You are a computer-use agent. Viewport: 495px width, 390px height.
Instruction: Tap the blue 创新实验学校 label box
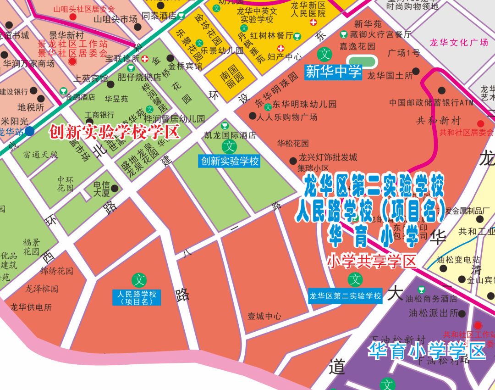[229, 161]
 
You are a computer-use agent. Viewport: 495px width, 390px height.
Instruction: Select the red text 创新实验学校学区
[114, 132]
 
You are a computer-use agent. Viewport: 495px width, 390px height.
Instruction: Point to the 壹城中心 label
[264, 316]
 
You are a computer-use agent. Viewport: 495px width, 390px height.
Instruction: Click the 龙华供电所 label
[31, 307]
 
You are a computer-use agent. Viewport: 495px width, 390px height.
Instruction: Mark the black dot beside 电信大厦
[115, 188]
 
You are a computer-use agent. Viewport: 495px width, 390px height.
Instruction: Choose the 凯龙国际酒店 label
[230, 135]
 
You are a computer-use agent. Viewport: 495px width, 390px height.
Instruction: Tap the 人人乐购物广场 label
[287, 117]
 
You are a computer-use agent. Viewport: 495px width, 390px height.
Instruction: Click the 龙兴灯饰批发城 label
[328, 158]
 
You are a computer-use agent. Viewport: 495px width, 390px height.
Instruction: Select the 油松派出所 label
[434, 313]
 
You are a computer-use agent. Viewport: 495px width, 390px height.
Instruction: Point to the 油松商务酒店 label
[431, 299]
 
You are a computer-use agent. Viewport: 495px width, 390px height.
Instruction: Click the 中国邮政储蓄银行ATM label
[431, 102]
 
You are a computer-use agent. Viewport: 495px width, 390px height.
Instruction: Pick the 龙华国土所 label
[389, 75]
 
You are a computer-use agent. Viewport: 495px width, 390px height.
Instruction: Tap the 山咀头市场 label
[115, 19]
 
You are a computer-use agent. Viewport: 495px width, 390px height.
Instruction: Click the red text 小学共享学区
[372, 262]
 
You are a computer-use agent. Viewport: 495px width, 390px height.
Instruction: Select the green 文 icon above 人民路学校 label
[139, 279]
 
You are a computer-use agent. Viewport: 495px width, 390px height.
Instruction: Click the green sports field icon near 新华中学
[362, 61]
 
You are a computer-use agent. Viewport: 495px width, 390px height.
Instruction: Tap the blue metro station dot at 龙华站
[30, 131]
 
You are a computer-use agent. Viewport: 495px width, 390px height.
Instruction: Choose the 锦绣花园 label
[57, 271]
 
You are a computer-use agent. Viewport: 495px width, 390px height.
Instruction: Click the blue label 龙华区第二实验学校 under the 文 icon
[345, 296]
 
